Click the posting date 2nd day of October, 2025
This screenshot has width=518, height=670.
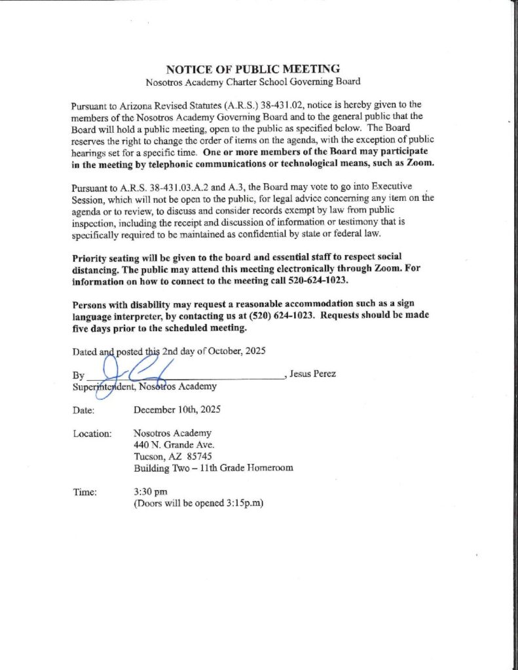[213, 351]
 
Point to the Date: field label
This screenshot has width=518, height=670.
[84, 410]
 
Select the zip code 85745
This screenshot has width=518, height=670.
[198, 456]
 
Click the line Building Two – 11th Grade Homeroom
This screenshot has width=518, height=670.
[213, 468]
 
